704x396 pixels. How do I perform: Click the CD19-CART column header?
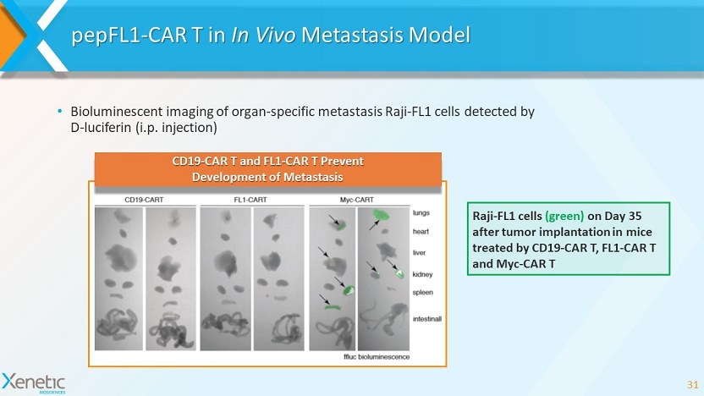point(144,200)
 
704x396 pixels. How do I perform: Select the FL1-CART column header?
point(250,200)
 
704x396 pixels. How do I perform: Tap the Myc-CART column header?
point(356,200)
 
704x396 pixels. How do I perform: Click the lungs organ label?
point(421,213)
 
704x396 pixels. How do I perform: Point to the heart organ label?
point(421,232)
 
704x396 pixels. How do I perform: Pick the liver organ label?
point(419,253)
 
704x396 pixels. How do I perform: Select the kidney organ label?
point(422,274)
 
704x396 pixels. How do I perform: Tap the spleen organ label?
point(422,293)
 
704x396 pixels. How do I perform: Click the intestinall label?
point(427,319)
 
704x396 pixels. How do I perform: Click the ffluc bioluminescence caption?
point(377,357)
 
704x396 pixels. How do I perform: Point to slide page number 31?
point(692,385)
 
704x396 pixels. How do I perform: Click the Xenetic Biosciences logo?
point(34,383)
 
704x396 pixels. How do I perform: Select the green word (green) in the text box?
point(564,216)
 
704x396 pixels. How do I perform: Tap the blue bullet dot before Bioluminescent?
point(60,111)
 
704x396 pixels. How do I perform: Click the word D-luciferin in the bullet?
point(101,128)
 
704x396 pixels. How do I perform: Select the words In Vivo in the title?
point(263,35)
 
